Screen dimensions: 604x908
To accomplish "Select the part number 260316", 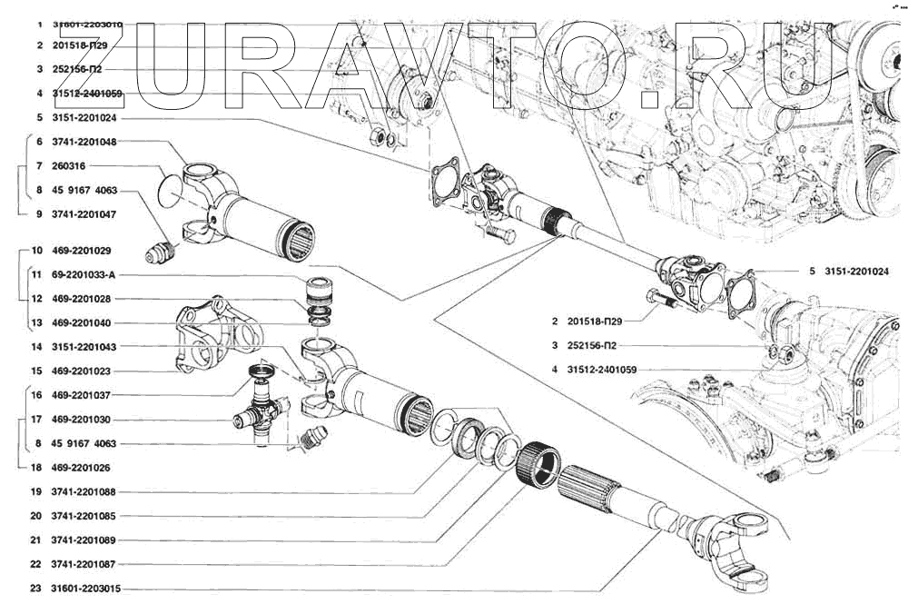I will [x=69, y=166].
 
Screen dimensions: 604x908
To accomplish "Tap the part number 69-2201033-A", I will [x=85, y=274].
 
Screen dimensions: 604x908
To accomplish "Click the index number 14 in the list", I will [x=36, y=347].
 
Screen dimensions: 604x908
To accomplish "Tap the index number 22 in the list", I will [x=36, y=564].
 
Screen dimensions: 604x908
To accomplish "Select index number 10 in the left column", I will [x=36, y=250].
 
